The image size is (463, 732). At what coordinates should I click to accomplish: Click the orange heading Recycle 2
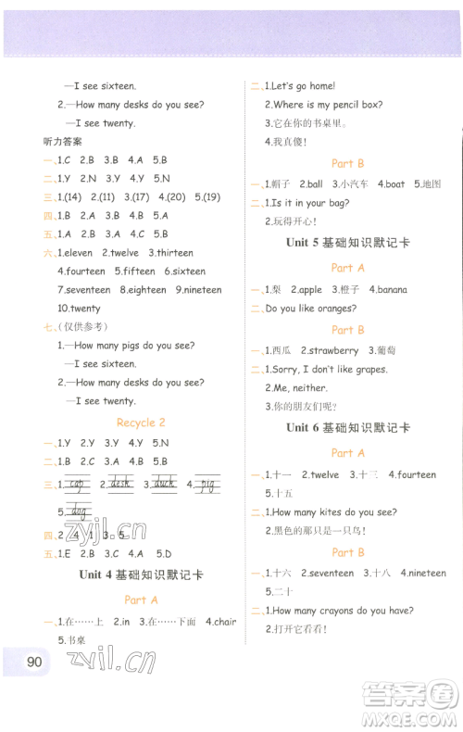click(x=141, y=423)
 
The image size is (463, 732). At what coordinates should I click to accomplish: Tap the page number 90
click(x=35, y=662)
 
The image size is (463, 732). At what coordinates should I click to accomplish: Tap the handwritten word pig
click(x=207, y=484)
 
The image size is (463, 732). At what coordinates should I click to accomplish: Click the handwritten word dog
click(x=79, y=511)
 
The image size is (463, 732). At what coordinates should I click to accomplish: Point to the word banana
click(x=392, y=290)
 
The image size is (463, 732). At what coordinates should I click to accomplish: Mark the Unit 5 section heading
click(x=347, y=242)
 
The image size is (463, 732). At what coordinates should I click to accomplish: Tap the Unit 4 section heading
click(x=141, y=574)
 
